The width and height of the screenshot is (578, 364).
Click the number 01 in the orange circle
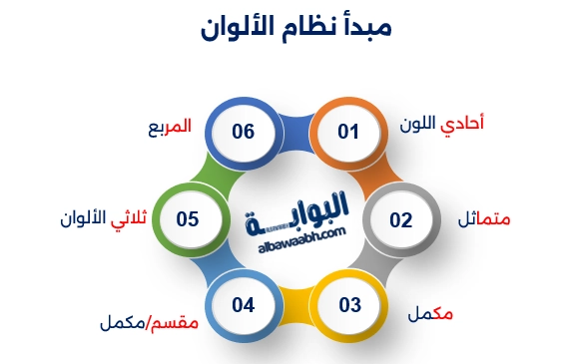click(x=347, y=131)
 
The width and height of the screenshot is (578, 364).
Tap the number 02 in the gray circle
click(x=400, y=218)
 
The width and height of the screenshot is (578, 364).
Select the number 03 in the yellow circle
click(x=349, y=305)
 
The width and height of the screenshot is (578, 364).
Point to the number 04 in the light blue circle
click(x=244, y=304)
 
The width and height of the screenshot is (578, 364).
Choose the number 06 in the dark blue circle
click(x=244, y=131)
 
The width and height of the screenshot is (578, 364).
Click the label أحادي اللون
click(x=448, y=126)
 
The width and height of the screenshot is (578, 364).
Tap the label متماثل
click(x=484, y=218)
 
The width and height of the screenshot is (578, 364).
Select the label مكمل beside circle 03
click(x=430, y=314)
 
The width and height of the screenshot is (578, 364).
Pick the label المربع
click(x=167, y=129)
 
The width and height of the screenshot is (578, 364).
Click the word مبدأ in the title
click(x=366, y=27)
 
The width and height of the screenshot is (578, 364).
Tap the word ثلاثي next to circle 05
click(x=134, y=217)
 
